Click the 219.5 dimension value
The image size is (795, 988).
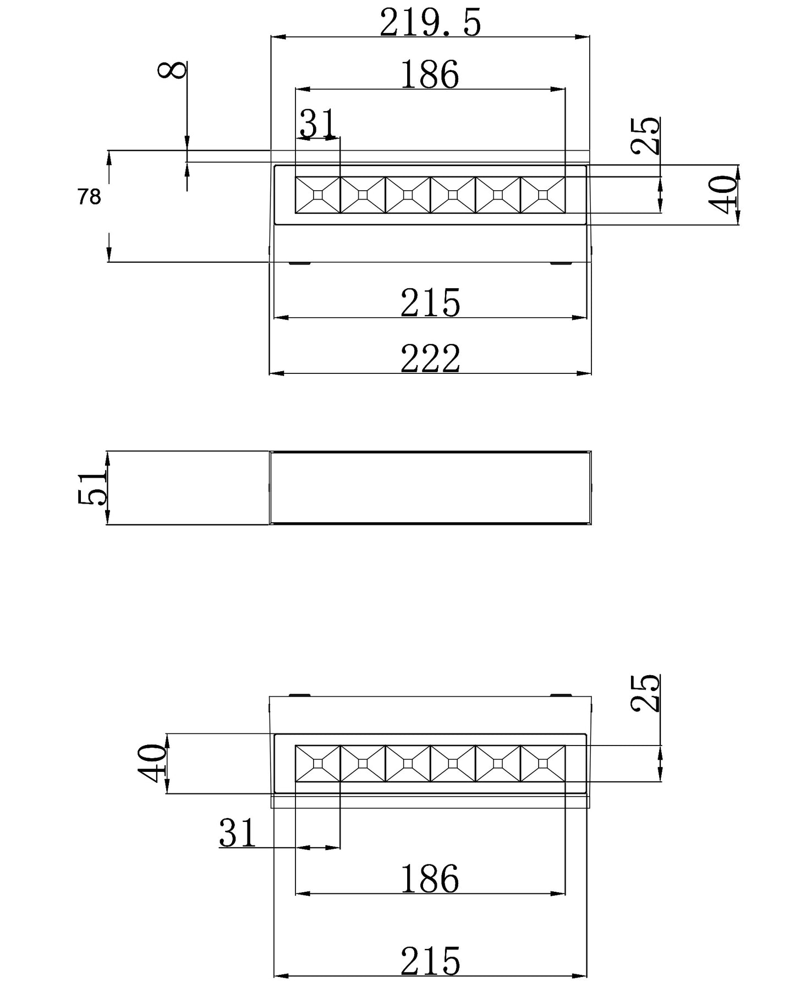click(430, 23)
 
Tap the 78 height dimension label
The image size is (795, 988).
click(89, 197)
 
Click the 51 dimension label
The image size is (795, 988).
click(92, 488)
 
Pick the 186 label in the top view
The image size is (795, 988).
click(430, 75)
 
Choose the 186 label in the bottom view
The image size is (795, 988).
click(430, 879)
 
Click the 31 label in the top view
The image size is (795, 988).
click(317, 123)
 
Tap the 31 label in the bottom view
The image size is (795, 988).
click(238, 832)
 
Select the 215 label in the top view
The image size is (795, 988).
click(430, 303)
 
